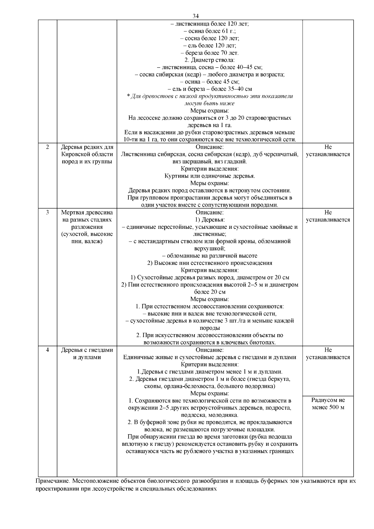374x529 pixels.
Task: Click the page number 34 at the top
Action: (x=196, y=16)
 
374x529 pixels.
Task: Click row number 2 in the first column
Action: (x=47, y=147)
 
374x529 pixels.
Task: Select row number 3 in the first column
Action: (x=47, y=213)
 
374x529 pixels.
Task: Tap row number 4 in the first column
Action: (x=47, y=350)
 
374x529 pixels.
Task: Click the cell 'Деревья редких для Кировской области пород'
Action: (x=87, y=154)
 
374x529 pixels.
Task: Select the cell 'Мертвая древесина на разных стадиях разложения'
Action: (x=87, y=227)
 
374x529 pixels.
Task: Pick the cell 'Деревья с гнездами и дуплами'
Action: (x=87, y=354)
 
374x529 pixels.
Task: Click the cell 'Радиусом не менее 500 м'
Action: (x=328, y=404)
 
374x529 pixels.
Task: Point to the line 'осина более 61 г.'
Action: (x=209, y=31)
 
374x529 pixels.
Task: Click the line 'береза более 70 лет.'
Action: (x=209, y=53)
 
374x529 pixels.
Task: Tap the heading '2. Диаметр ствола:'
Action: (x=209, y=60)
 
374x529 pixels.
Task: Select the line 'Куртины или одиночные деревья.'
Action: (x=209, y=176)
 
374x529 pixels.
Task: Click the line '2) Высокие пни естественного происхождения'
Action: (x=209, y=263)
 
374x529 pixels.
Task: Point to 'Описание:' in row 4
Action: (x=209, y=350)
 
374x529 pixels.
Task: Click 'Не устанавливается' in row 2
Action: (x=328, y=151)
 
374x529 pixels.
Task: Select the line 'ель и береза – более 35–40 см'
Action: (x=209, y=89)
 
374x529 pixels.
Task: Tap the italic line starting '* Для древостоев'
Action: (x=209, y=96)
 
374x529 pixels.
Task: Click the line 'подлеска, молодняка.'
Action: (x=209, y=415)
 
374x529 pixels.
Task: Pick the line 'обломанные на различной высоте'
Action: (x=209, y=256)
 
